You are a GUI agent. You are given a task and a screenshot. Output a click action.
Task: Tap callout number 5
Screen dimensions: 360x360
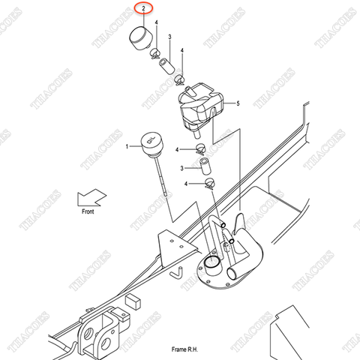point(237,103)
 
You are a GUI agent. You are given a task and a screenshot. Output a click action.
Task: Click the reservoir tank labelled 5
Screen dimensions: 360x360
point(199,107)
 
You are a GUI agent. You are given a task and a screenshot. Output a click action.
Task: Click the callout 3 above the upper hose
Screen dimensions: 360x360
point(169,37)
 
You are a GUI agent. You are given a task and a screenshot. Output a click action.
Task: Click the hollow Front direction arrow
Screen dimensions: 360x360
point(91,198)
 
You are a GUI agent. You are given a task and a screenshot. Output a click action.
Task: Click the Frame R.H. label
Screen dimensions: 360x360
point(183,349)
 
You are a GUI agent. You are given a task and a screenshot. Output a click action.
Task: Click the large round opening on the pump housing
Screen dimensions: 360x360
point(214,263)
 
